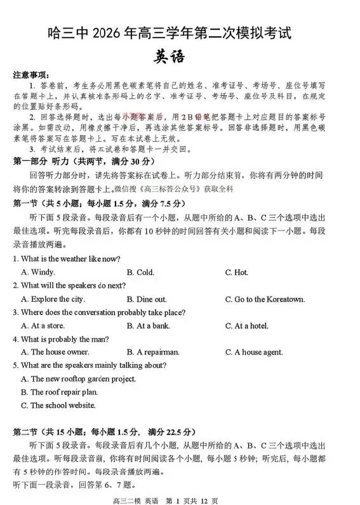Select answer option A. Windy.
coord(38,273)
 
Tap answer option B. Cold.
coord(140,273)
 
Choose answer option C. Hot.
coord(236,273)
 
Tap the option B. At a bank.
coord(148,326)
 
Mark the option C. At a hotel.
coord(246,326)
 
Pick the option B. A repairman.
coord(153,352)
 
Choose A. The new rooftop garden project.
coord(78,379)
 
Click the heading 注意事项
coord(30,74)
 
